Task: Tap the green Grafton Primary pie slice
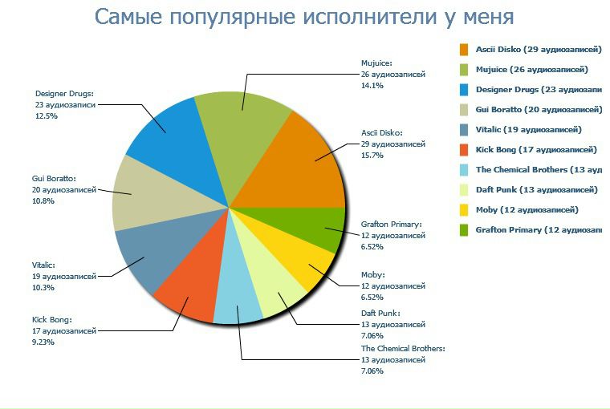(x=321, y=229)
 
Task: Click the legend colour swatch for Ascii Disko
(x=464, y=49)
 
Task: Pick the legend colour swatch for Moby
(x=464, y=210)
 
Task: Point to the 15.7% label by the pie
(x=372, y=156)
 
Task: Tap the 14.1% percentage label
(x=372, y=85)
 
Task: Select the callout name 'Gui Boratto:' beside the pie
(x=54, y=178)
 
